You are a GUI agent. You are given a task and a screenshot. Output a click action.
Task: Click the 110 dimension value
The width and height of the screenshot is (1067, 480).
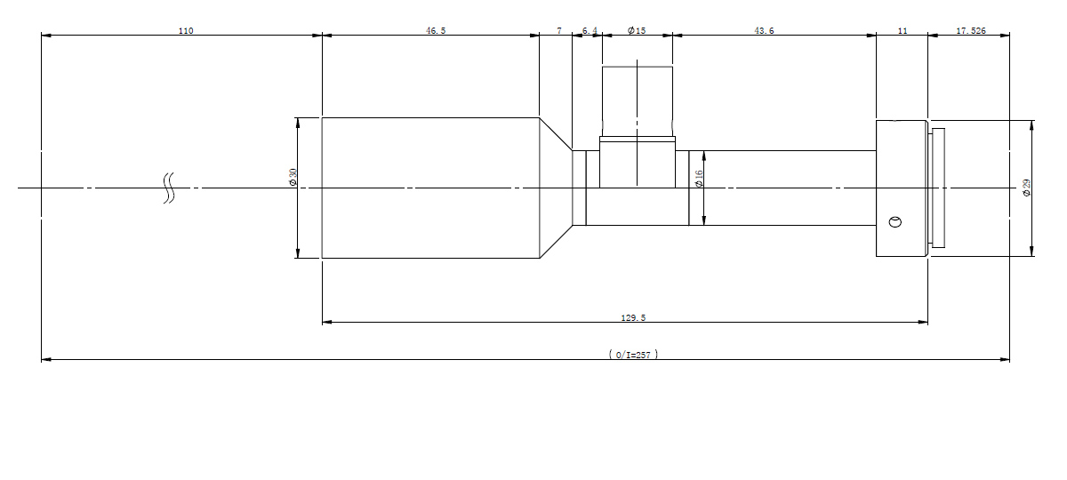[x=186, y=31]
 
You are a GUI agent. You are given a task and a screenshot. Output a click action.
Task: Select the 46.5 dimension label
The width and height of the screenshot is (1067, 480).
[x=436, y=31]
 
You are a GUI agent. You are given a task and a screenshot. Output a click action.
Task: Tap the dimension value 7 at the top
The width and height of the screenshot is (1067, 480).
[x=559, y=31]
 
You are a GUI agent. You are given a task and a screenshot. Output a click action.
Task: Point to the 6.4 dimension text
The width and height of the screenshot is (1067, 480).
[x=590, y=31]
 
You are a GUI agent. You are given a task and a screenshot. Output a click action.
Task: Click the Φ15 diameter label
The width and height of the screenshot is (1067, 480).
[x=637, y=31]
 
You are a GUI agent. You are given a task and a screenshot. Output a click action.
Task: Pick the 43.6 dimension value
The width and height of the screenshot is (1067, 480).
[x=764, y=31]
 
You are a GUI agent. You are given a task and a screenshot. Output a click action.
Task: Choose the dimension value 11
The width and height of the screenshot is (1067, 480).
[x=903, y=31]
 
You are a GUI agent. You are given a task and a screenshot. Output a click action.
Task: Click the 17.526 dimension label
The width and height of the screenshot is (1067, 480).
[x=971, y=31]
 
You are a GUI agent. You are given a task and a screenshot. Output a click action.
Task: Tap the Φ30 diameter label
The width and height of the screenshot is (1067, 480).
[x=293, y=177]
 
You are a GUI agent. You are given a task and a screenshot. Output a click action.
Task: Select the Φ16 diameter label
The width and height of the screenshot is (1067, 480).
[x=699, y=179]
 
